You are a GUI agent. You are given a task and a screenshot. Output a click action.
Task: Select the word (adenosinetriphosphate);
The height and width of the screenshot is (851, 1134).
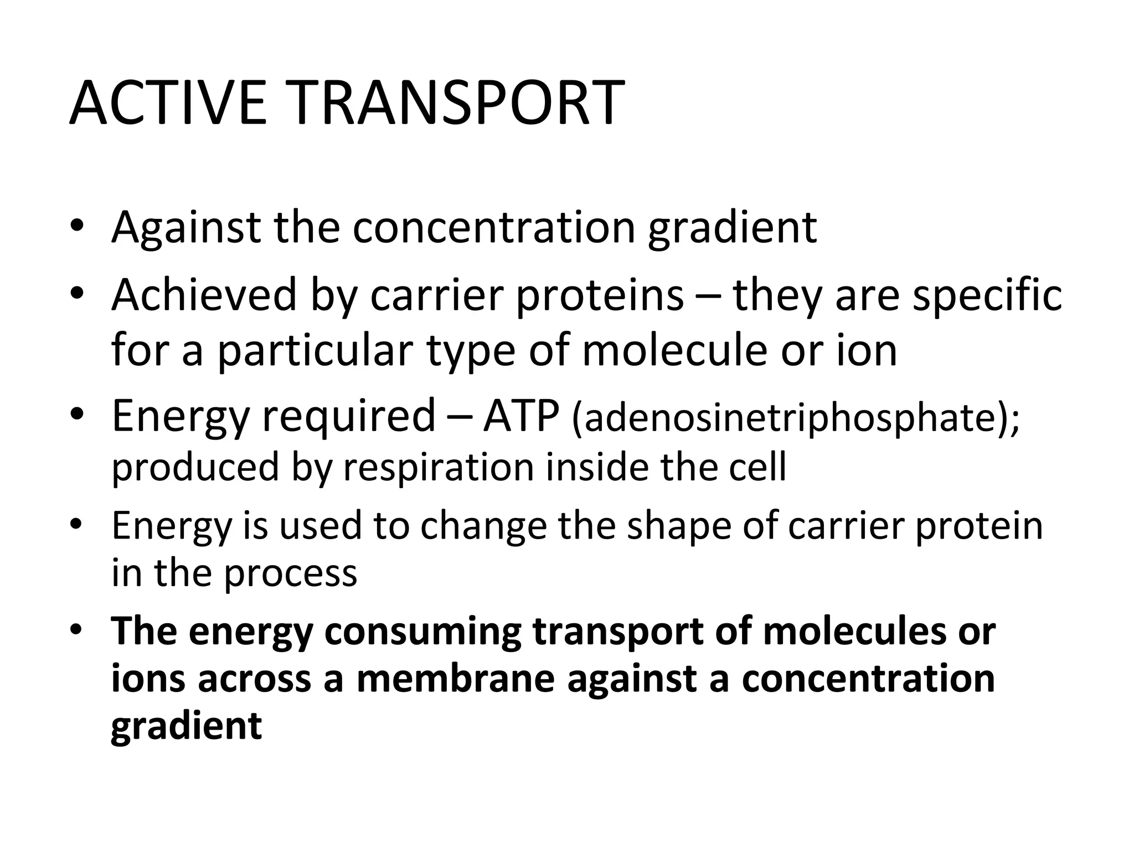[x=795, y=418]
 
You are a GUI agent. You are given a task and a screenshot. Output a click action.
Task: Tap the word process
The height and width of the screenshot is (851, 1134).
[x=290, y=574]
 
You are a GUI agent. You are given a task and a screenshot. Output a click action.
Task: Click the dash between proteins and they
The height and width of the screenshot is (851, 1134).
[x=708, y=296]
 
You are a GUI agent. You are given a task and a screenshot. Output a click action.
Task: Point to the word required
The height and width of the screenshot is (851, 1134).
[x=348, y=417]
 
